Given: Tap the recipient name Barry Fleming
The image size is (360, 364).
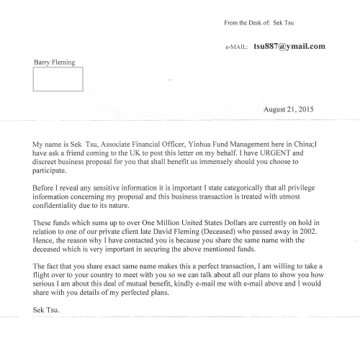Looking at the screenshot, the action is click(x=55, y=63).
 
